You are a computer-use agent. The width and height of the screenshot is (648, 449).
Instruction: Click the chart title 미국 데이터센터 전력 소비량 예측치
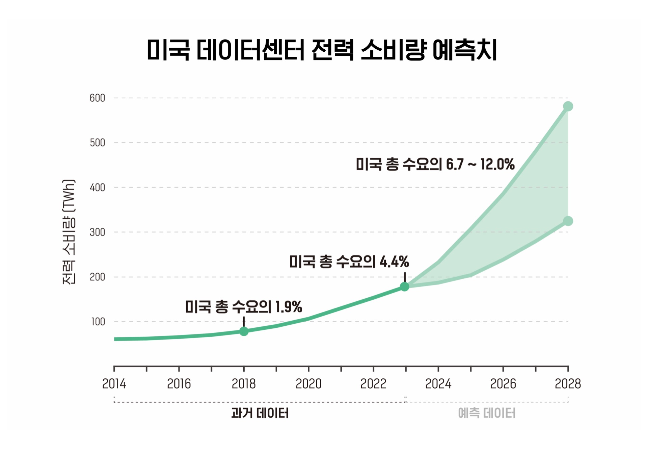click(x=322, y=50)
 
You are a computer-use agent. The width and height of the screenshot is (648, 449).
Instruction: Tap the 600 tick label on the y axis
click(x=97, y=98)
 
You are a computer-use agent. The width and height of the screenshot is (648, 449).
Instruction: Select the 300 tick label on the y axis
click(x=97, y=232)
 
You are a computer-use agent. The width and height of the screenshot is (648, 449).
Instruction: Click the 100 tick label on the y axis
click(x=98, y=322)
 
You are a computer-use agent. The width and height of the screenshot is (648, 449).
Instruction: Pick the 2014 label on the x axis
click(x=114, y=384)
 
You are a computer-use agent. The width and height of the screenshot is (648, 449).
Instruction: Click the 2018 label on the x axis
click(x=244, y=384)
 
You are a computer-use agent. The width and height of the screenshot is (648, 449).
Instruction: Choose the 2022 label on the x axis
click(x=373, y=384)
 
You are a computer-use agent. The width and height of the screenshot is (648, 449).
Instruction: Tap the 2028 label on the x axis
click(x=568, y=384)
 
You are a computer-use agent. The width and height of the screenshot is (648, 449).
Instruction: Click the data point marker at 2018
click(x=244, y=331)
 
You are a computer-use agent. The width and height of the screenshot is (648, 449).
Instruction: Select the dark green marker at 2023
click(x=405, y=287)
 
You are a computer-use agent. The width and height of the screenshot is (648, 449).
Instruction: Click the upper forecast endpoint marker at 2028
click(x=568, y=106)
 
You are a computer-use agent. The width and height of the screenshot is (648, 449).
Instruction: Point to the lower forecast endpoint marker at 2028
click(x=568, y=221)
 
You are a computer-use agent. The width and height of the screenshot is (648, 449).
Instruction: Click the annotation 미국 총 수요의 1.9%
click(x=243, y=307)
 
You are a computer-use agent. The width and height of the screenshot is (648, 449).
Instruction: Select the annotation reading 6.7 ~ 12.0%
click(x=435, y=165)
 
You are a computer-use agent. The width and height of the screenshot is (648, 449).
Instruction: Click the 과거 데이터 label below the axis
click(x=260, y=413)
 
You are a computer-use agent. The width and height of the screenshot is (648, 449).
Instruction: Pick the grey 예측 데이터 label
click(x=487, y=413)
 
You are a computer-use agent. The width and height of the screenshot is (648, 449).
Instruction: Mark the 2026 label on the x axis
click(x=503, y=384)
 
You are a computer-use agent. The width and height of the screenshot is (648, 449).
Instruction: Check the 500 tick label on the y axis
click(x=97, y=143)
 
